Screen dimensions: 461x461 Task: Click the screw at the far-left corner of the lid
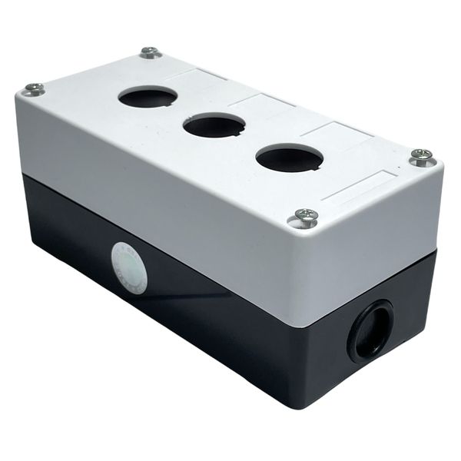click(34, 89)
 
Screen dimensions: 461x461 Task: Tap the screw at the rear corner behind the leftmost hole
click(151, 53)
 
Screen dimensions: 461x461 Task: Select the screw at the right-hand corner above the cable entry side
click(422, 158)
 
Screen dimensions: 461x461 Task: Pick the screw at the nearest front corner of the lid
click(306, 218)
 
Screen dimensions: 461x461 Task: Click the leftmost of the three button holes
click(148, 97)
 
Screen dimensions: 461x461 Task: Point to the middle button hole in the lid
click(214, 125)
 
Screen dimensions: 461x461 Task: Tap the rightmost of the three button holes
click(289, 158)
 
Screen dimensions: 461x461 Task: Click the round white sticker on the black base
click(129, 267)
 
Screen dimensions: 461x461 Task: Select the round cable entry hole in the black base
click(370, 331)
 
